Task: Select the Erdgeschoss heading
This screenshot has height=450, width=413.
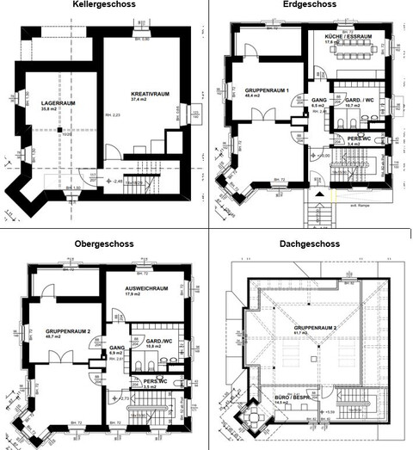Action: point(310,5)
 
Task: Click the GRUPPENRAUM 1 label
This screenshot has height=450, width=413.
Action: point(268,90)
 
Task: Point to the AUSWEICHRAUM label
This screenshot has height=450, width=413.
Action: point(145,288)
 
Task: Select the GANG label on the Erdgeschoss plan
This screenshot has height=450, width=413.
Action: point(317,99)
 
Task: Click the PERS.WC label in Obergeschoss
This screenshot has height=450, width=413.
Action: point(157,382)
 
